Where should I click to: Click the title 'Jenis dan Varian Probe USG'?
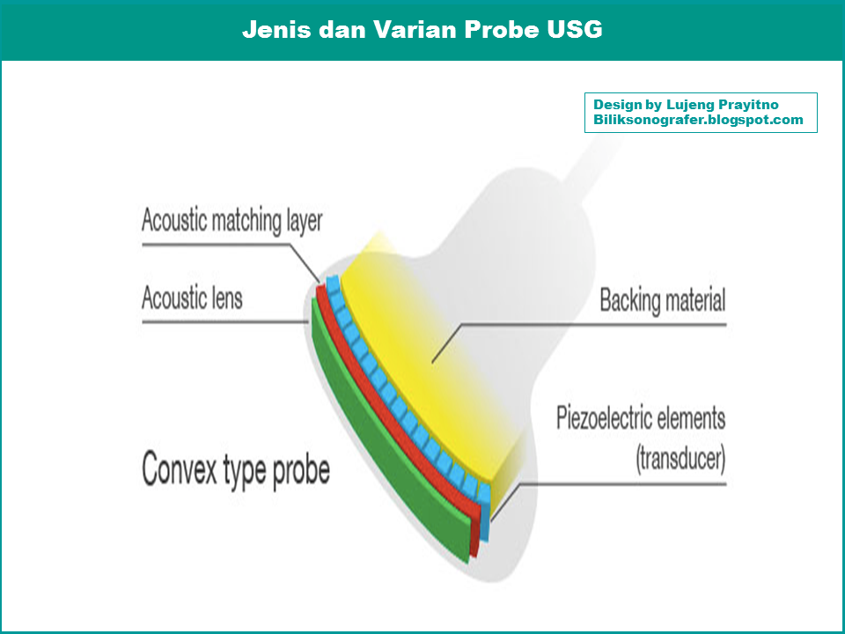point(422,29)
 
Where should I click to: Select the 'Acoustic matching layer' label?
point(232,220)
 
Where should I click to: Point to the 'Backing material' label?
point(662,300)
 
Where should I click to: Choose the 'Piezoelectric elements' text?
point(640,417)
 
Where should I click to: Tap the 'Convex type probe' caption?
point(236,470)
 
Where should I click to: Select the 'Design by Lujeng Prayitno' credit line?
point(686,105)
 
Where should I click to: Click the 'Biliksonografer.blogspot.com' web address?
point(698,120)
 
